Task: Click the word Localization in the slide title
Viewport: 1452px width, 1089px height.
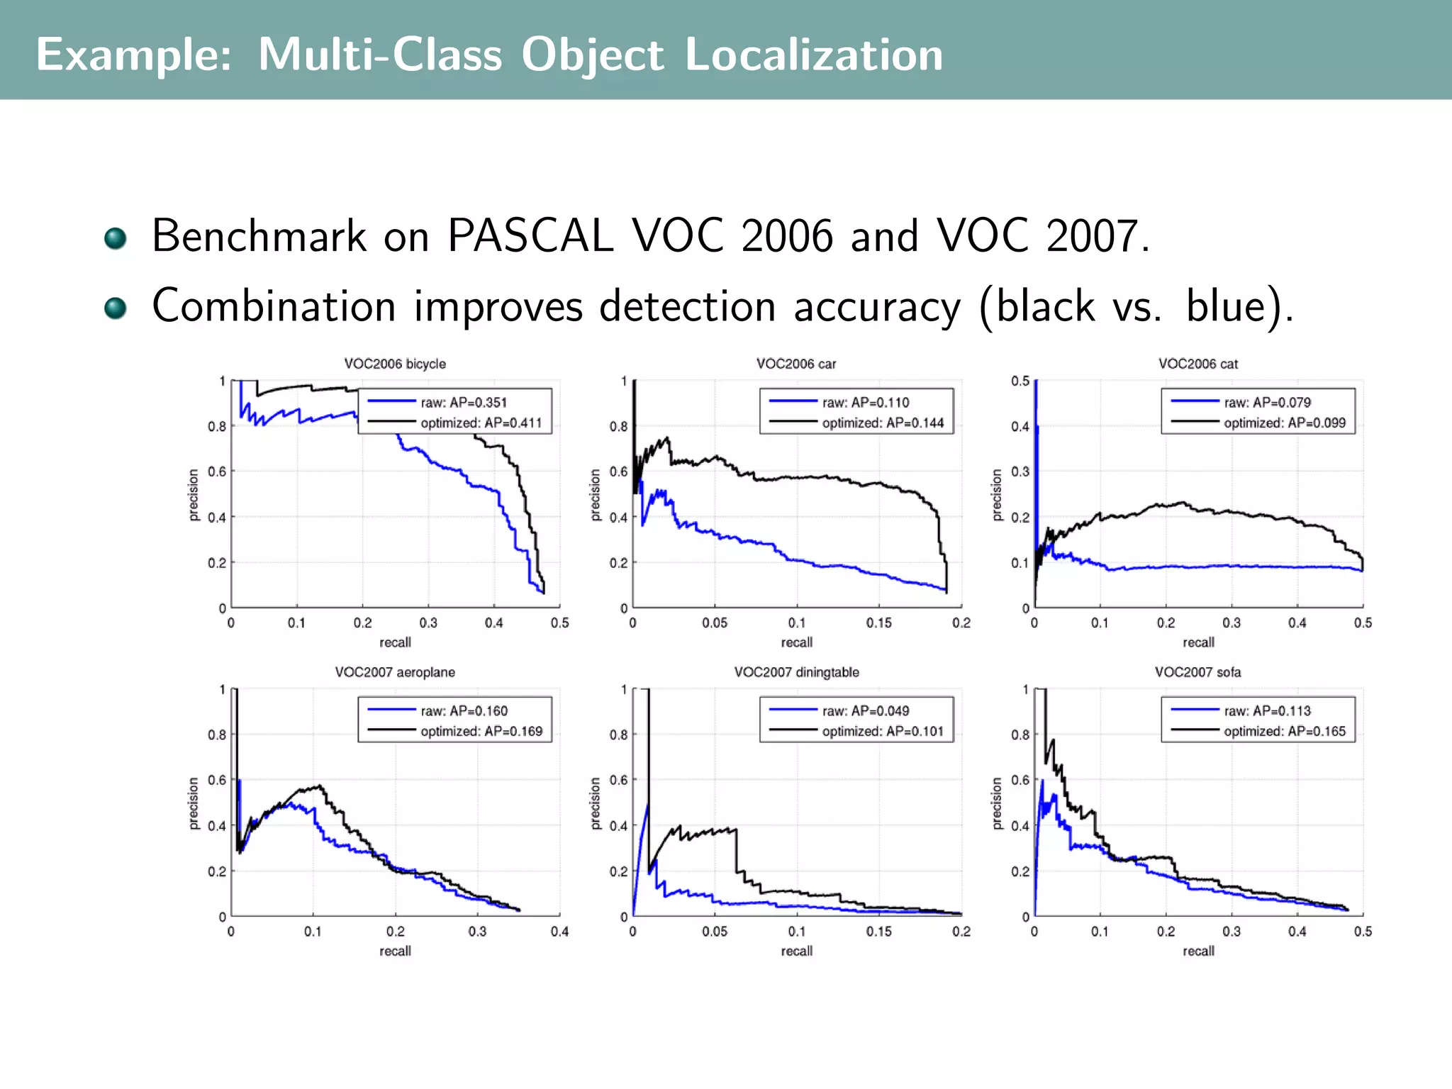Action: tap(814, 55)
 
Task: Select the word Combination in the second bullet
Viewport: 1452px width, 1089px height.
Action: tap(274, 306)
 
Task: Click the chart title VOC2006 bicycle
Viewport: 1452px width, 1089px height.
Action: tap(395, 364)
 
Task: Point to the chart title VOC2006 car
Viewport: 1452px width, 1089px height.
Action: tap(796, 364)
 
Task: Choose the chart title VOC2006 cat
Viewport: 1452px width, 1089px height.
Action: tap(1198, 364)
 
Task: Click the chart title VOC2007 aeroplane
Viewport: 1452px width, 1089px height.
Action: tap(395, 672)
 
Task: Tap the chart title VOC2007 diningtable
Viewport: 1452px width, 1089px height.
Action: tap(796, 672)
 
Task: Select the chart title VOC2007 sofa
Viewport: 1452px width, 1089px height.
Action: tap(1197, 672)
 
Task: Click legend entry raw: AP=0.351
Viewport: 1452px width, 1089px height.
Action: tap(464, 403)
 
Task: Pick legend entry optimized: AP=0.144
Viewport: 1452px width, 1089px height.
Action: tap(883, 423)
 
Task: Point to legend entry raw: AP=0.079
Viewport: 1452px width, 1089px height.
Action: tap(1267, 403)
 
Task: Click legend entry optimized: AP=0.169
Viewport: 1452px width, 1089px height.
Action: tap(481, 732)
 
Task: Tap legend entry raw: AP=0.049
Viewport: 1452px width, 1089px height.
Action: tap(866, 711)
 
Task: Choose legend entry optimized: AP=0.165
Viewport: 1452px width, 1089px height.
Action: tap(1284, 732)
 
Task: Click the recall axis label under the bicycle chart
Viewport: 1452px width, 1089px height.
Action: tap(395, 642)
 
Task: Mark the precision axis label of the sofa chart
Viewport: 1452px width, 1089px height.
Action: tap(997, 803)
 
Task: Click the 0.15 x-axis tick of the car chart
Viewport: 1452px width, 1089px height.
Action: tap(878, 623)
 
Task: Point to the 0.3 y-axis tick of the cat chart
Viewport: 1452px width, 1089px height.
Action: tap(1020, 471)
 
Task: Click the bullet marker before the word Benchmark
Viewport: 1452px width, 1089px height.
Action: tap(115, 238)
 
